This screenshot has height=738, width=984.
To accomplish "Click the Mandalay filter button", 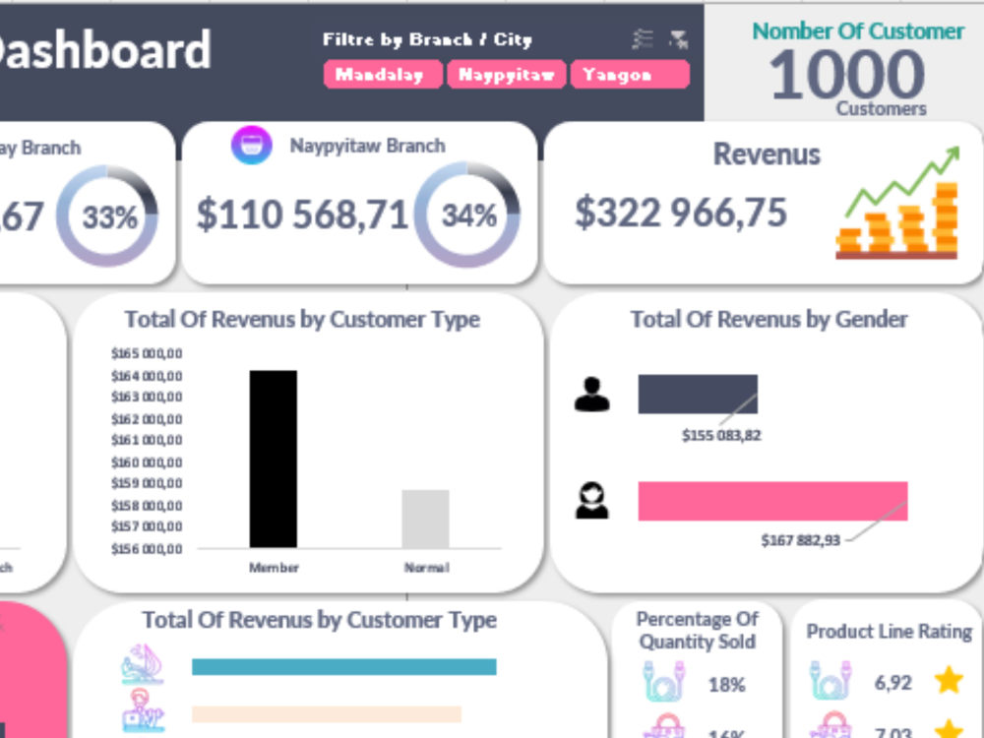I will (x=383, y=75).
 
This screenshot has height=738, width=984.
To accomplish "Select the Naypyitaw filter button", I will (x=506, y=75).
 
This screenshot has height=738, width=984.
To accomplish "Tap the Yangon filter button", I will (x=629, y=75).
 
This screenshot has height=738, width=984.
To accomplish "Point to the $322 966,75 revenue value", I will (x=681, y=213).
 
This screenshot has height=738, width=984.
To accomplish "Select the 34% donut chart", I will (x=467, y=215).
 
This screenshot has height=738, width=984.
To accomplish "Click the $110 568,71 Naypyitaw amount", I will (x=301, y=214).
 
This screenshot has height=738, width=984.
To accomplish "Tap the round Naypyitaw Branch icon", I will (x=251, y=146).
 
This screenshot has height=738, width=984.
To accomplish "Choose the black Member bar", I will (x=273, y=459).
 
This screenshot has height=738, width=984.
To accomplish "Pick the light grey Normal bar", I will (x=425, y=519).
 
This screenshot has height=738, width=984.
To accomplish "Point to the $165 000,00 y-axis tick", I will (x=148, y=353).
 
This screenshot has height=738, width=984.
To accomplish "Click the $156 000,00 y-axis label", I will (x=148, y=549).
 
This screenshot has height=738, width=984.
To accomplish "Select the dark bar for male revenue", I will (x=698, y=394).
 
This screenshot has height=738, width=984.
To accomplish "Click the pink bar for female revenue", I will (x=772, y=501).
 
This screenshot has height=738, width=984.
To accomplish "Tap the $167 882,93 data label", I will (x=800, y=540).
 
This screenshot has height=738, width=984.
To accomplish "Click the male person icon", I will (x=591, y=394).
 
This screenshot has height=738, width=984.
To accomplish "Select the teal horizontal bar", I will (x=343, y=667).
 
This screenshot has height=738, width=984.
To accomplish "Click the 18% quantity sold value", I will (x=726, y=684).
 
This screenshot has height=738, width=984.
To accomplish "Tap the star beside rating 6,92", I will (x=949, y=680).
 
